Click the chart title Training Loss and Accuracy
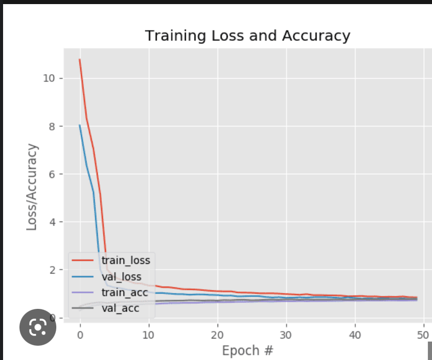coord(247,36)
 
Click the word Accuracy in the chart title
coord(321,36)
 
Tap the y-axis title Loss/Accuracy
coord(32,187)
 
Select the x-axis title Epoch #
coord(247,351)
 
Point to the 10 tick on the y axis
coord(49,78)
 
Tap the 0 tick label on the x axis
coord(80,335)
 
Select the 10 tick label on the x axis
coord(148,335)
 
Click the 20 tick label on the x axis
coord(217,335)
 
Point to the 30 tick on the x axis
coord(286,335)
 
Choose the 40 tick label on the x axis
coord(354,335)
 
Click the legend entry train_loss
coord(125,260)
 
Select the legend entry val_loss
coord(121,277)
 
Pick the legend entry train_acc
coord(124,292)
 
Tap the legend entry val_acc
coord(120,308)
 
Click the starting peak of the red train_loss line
coord(80,59)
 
